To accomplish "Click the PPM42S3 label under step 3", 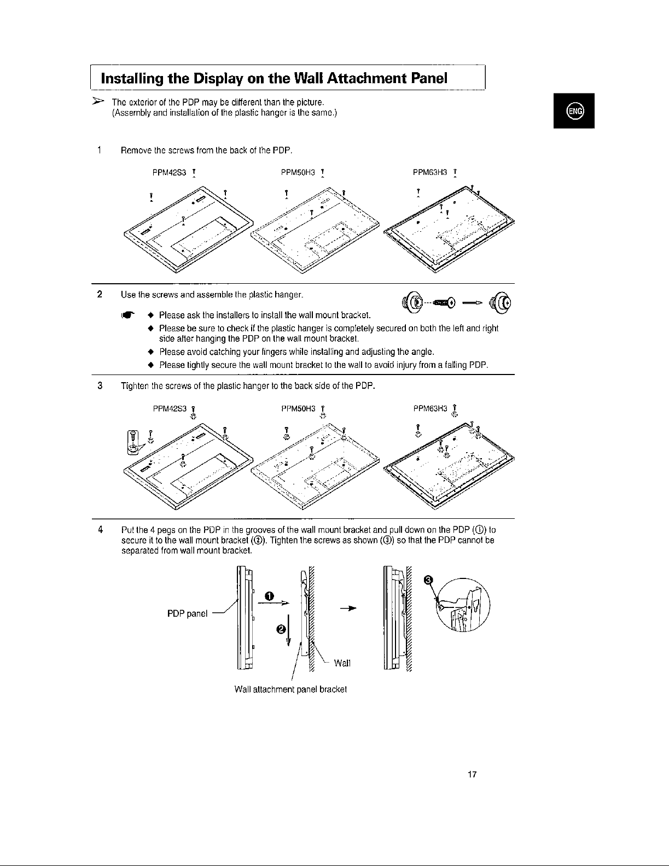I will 170,408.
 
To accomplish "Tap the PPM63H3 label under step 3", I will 431,408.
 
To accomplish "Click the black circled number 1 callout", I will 269,595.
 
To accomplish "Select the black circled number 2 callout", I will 281,629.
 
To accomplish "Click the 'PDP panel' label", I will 187,613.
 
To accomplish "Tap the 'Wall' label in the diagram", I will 342,663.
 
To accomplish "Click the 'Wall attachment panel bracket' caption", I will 290,688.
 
